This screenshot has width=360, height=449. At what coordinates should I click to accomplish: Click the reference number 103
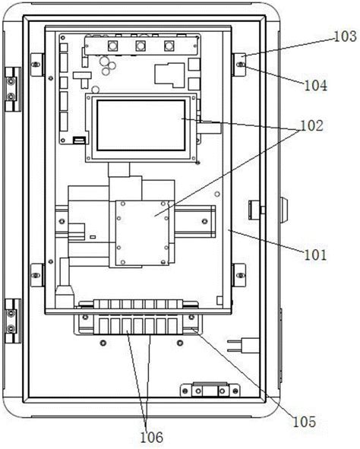(346, 36)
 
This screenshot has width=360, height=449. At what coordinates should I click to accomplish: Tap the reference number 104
(315, 85)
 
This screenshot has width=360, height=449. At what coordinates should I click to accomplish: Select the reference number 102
(311, 125)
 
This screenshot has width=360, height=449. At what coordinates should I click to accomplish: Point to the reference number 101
(315, 255)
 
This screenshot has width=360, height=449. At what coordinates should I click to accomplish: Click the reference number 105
(305, 422)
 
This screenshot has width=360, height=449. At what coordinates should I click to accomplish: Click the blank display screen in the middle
(141, 125)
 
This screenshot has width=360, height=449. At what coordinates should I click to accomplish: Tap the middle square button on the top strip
(141, 46)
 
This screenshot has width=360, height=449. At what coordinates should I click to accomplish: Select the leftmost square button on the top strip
(112, 46)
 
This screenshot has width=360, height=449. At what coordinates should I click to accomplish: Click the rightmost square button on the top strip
(169, 46)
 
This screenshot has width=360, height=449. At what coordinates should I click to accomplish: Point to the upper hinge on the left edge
(13, 90)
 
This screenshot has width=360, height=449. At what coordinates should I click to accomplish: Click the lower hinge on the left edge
(13, 321)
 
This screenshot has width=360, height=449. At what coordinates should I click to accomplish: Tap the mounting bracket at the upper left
(37, 65)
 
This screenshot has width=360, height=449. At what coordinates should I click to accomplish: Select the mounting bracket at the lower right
(238, 275)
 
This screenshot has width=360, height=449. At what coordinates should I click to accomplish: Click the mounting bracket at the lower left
(37, 275)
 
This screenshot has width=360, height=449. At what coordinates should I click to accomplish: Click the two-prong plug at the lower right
(244, 346)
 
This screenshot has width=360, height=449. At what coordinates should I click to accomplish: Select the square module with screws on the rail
(142, 232)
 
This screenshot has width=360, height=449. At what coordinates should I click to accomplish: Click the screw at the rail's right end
(204, 221)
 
